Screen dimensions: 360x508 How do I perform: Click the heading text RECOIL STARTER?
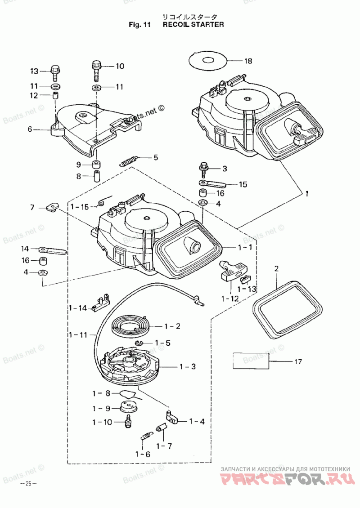pyautogui.click(x=193, y=25)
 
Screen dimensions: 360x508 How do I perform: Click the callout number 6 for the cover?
pyautogui.click(x=30, y=129)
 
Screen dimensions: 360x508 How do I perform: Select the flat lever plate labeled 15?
pyautogui.click(x=212, y=184)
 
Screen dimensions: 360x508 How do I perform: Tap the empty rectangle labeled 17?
pyautogui.click(x=251, y=361)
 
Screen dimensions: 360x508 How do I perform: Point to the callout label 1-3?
pyautogui.click(x=188, y=367)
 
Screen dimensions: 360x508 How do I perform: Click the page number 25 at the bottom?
pyautogui.click(x=28, y=484)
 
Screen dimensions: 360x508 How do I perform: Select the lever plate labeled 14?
pyautogui.click(x=53, y=250)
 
